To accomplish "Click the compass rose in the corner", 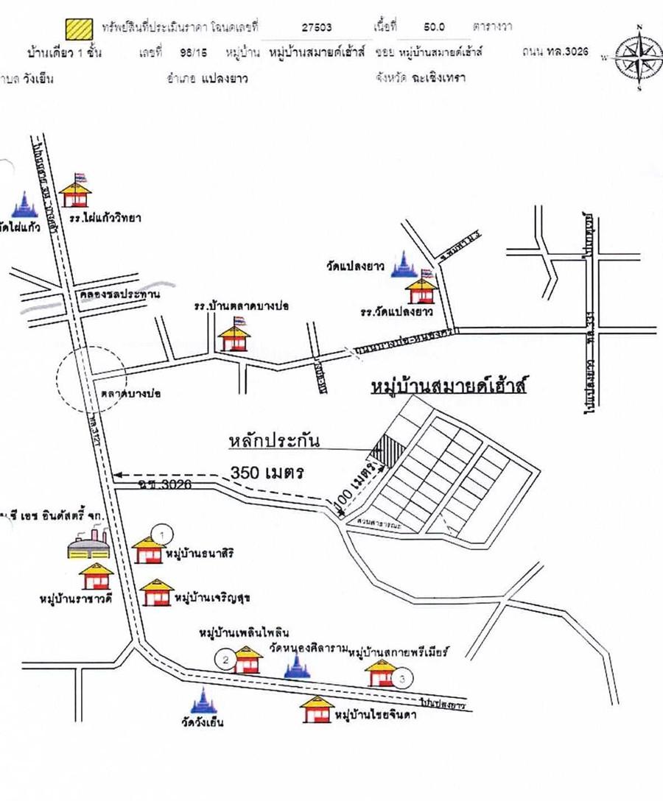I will coord(638,57).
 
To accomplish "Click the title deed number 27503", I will coord(317,27).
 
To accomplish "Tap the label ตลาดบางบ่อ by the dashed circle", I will coord(133,394).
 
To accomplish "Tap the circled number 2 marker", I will coord(226,659).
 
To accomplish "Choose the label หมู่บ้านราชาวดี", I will coord(75,599).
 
